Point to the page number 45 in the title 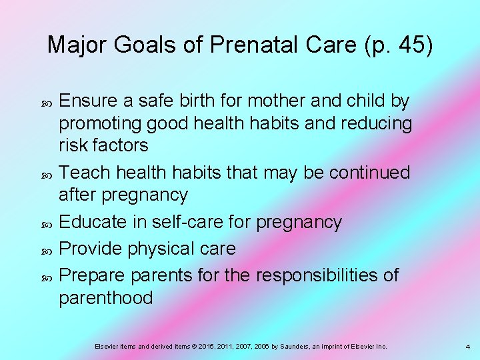click(409, 45)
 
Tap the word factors click(120, 146)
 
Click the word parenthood click(106, 297)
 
